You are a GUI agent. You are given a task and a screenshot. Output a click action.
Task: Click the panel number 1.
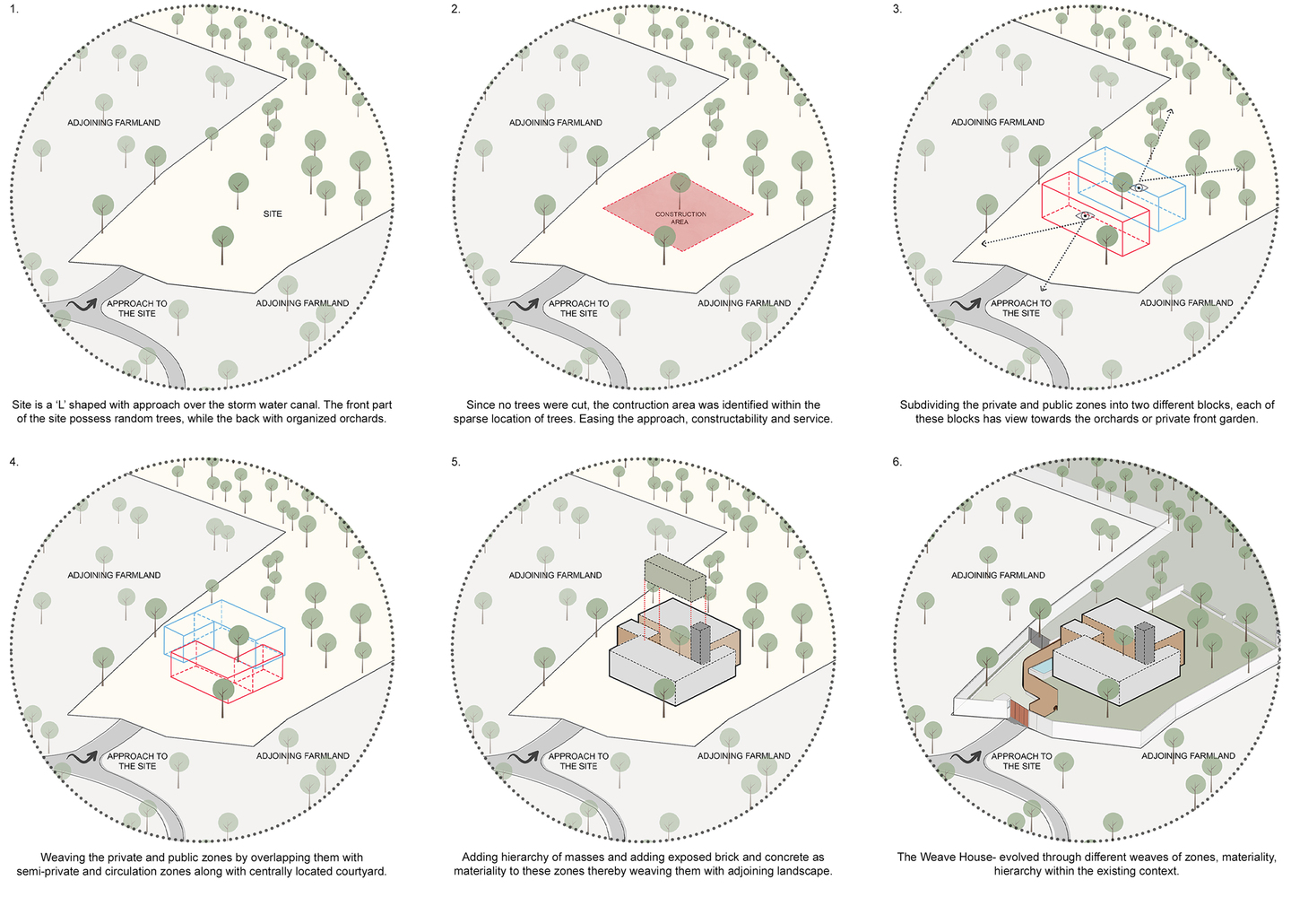coord(13,9)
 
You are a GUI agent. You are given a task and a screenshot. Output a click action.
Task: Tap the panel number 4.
coord(13,462)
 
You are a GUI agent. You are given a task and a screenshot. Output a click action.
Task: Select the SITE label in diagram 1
coord(273,213)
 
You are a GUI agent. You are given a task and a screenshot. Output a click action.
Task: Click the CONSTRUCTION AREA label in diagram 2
coord(680,218)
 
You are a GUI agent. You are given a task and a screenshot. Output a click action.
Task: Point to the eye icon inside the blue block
coord(1139,188)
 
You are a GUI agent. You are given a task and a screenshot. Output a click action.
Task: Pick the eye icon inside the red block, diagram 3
coord(1085,215)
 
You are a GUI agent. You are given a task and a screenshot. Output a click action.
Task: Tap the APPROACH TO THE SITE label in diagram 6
coord(1021,761)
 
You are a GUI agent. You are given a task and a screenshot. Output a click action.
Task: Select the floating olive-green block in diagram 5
coord(675,579)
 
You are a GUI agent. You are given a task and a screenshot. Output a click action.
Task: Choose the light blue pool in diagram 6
coord(1042,669)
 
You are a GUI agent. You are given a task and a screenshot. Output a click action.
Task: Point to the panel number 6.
coord(897,462)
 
